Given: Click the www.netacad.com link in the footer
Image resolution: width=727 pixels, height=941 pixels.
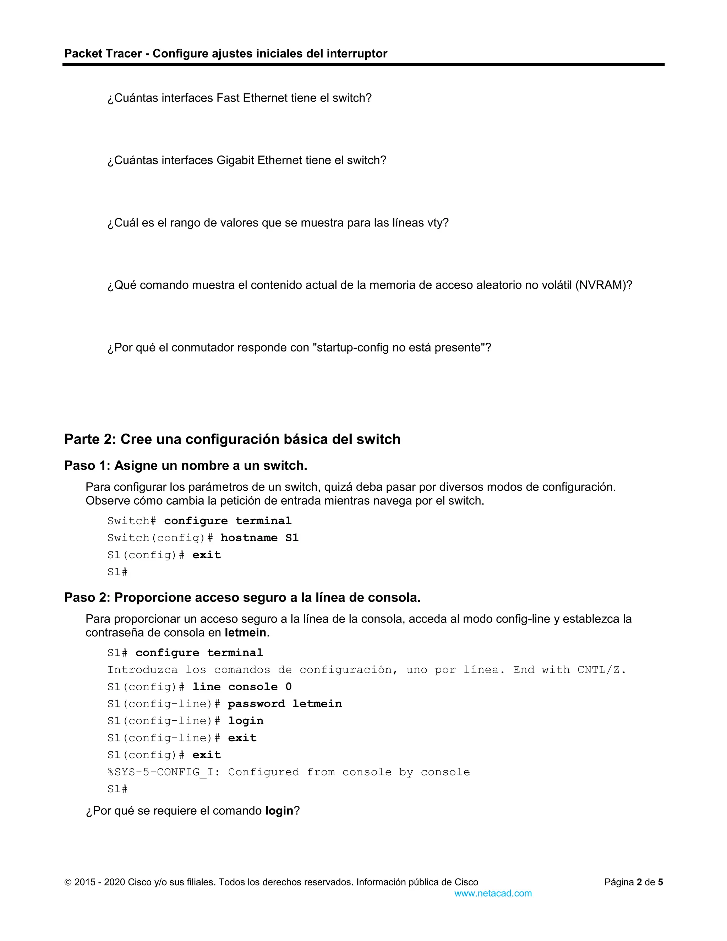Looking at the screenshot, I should [x=493, y=894].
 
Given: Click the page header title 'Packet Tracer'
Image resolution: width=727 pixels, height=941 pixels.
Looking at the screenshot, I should [x=103, y=53].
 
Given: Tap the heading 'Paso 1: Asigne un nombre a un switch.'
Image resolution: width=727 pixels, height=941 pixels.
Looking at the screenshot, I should [x=186, y=466].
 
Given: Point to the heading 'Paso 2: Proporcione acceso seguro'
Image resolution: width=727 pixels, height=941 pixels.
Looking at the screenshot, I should [x=242, y=598].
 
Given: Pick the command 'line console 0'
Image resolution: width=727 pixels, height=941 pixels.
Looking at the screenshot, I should [x=242, y=687].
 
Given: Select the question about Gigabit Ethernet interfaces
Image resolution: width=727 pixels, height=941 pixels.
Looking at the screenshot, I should [x=246, y=160].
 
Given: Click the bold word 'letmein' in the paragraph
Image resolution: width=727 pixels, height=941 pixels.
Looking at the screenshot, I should [x=245, y=632].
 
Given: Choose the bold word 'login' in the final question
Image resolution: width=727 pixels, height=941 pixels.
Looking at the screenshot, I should [x=279, y=811].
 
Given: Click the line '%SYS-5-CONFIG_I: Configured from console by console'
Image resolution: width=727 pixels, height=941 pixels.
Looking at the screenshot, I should [x=289, y=772].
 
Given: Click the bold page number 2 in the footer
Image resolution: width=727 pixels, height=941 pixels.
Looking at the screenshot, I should [x=640, y=882].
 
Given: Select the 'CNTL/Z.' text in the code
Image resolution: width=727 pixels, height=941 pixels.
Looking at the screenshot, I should [x=601, y=670].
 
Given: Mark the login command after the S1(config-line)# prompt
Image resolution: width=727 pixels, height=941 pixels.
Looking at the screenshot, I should [x=246, y=721].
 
